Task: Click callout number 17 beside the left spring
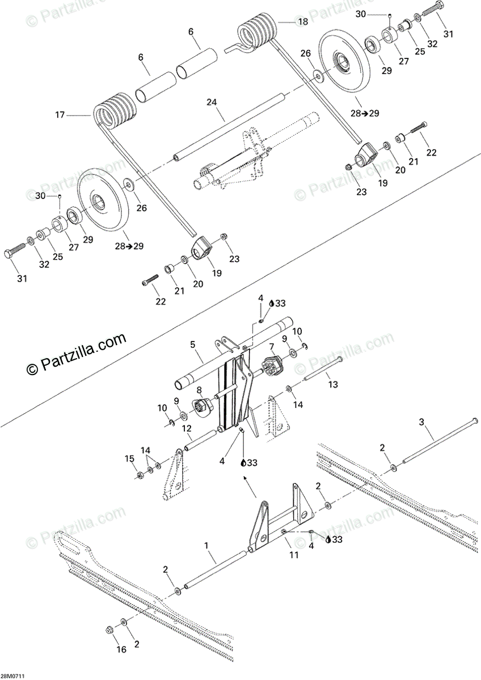tap(60, 115)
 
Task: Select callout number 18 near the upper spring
tap(302, 22)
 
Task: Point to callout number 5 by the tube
tap(192, 344)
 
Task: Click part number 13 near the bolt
tap(332, 384)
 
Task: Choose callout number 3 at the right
tap(421, 422)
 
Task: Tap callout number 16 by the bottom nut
tap(121, 649)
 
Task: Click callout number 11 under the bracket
tap(294, 555)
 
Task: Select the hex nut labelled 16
tap(109, 630)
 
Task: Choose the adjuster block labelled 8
tap(203, 405)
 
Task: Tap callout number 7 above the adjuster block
tap(272, 346)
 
